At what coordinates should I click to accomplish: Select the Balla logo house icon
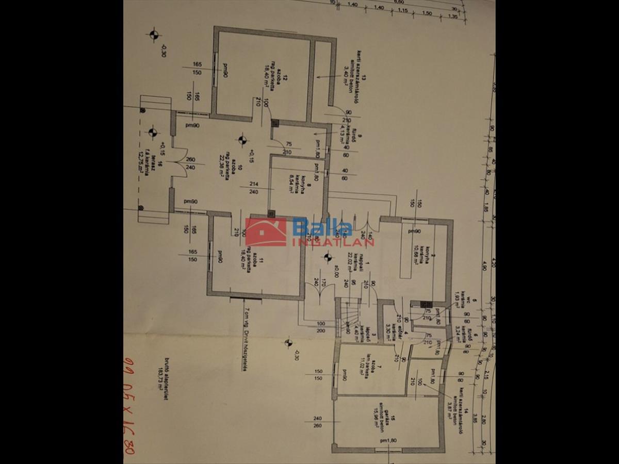tap(266, 232)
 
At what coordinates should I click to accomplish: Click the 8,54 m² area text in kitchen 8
tap(291, 183)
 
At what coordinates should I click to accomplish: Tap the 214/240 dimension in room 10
tap(253, 188)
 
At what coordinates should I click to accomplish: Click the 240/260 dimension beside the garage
tap(317, 422)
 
